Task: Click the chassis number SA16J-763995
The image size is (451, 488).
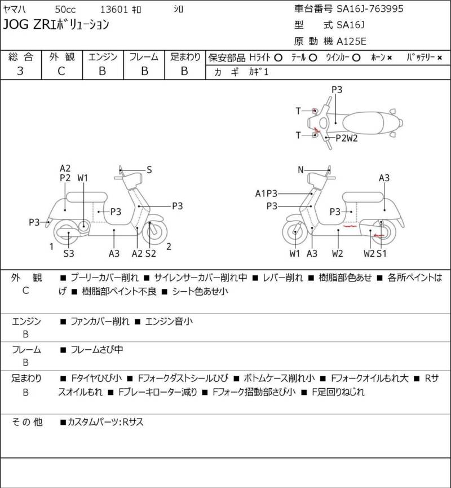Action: point(370,8)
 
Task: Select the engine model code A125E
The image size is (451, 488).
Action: point(351,41)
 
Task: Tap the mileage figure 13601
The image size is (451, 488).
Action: point(114,10)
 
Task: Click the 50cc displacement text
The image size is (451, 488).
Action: point(65,10)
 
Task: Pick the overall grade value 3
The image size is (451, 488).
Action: point(20,71)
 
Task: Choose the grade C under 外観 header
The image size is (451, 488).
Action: point(61,71)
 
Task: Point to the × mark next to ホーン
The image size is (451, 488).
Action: point(390,58)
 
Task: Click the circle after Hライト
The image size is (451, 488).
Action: point(278,58)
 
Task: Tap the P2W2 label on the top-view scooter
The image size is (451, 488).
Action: point(347,138)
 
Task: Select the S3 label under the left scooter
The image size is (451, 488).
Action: point(69,254)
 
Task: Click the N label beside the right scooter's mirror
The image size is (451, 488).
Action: point(300,170)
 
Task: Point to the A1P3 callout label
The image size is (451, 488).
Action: point(266,194)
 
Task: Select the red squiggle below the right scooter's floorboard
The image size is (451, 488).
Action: point(350,226)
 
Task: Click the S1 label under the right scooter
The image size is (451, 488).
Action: point(381,254)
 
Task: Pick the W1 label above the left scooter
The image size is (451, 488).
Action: point(83,178)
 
